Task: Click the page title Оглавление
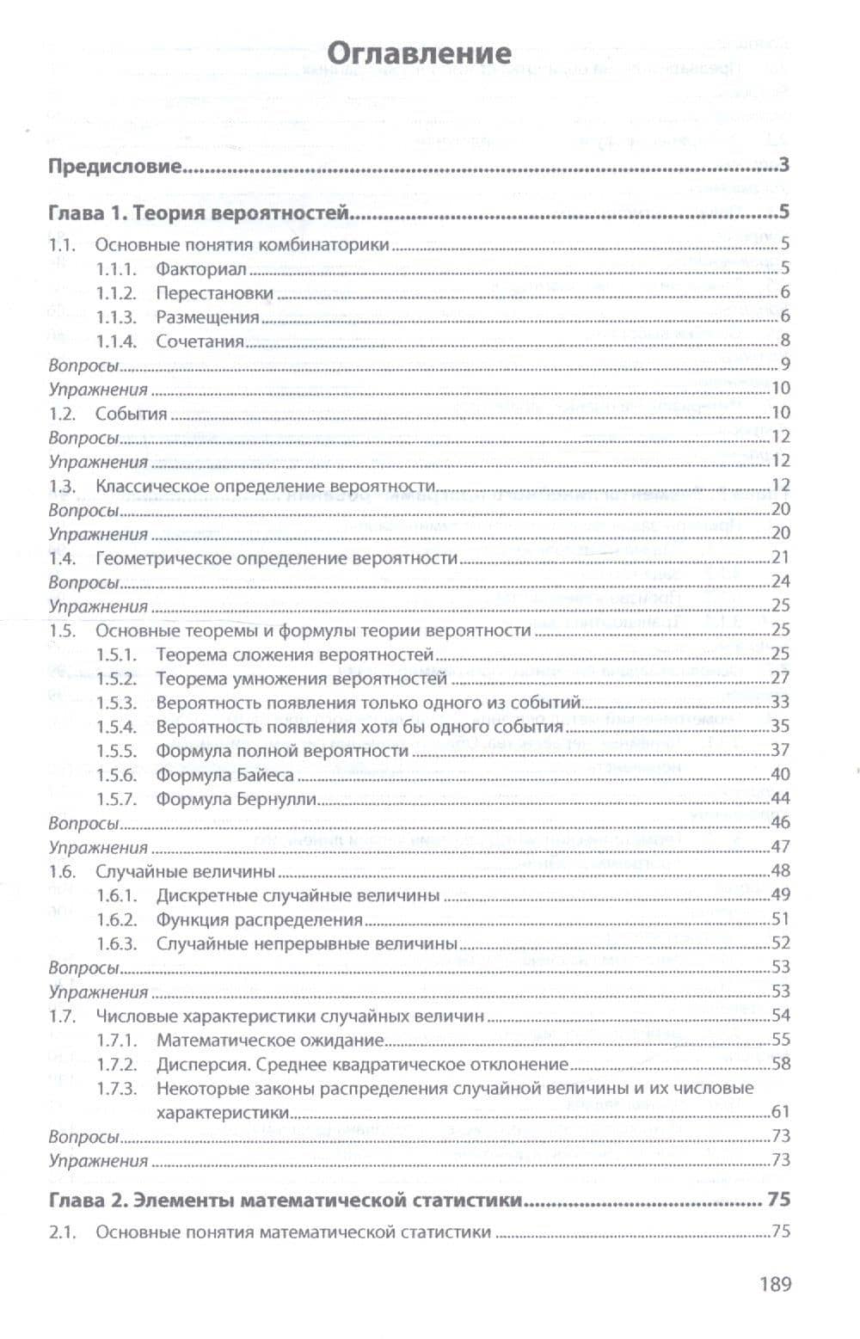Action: pyautogui.click(x=421, y=53)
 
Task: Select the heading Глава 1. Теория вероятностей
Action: pyautogui.click(x=198, y=212)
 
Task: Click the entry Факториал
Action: pyautogui.click(x=200, y=269)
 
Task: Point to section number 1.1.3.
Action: pyautogui.click(x=116, y=317)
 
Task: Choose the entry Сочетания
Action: pyautogui.click(x=200, y=341)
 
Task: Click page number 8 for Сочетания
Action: pyautogui.click(x=785, y=340)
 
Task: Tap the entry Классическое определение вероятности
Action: pyautogui.click(x=265, y=486)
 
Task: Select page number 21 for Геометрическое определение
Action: pyautogui.click(x=781, y=557)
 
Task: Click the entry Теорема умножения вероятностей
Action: pyautogui.click(x=301, y=679)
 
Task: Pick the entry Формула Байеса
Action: pyautogui.click(x=224, y=775)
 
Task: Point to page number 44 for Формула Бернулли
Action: pyautogui.click(x=780, y=798)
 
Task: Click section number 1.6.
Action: pyautogui.click(x=63, y=871)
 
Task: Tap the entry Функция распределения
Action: pyautogui.click(x=259, y=919)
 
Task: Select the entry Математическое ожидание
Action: pyautogui.click(x=269, y=1040)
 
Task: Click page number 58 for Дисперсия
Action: pyautogui.click(x=781, y=1063)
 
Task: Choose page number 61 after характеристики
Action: pyautogui.click(x=781, y=1112)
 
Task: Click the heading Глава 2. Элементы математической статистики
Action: pyautogui.click(x=286, y=1200)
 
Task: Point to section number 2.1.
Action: pyautogui.click(x=63, y=1232)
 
